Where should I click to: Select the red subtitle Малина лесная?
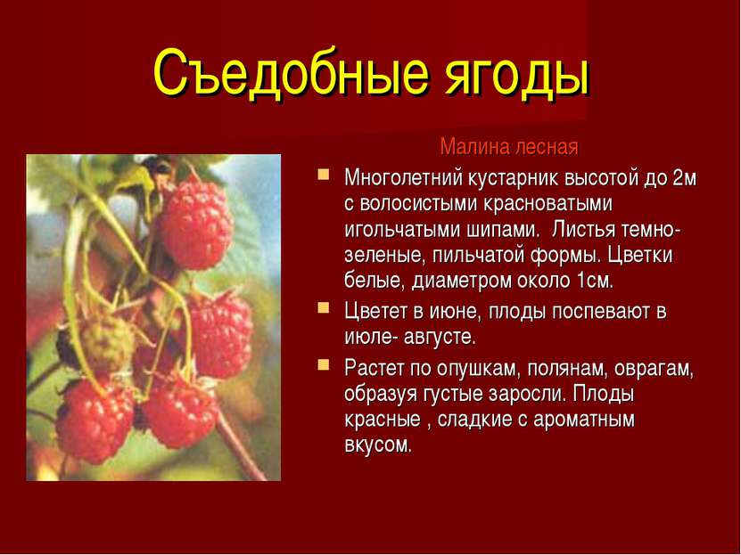tap(509, 147)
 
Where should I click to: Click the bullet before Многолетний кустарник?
tap(324, 175)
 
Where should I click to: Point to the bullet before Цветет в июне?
tap(324, 308)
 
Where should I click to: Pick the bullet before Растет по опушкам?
tap(324, 365)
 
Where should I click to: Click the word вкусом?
tap(378, 445)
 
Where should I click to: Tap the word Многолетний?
tap(403, 178)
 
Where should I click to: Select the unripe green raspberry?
tap(107, 343)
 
